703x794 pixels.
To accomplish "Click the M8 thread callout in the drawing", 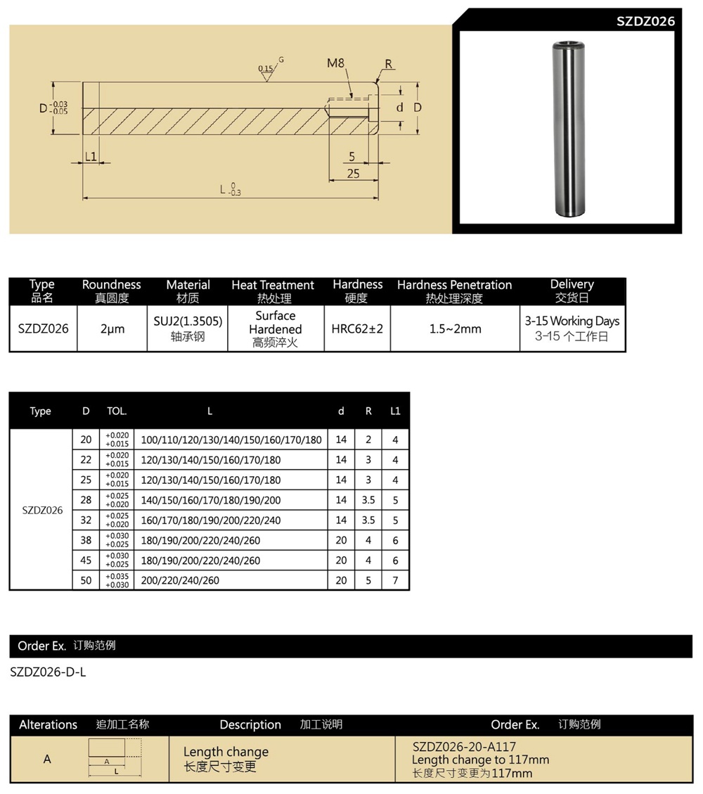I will pos(335,63).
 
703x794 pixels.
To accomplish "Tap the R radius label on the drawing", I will pos(388,64).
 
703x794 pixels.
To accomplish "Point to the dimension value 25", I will pos(353,173).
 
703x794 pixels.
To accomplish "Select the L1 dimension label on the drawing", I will pos(90,156).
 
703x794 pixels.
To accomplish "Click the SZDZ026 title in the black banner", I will pos(645,21).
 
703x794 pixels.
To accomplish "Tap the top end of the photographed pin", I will pos(568,47).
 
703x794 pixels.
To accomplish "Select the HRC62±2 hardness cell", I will pos(357,328).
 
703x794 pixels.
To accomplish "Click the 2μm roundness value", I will pos(111,328).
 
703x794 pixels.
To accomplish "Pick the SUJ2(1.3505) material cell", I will pos(188,321).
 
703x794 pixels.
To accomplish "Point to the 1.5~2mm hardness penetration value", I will pos(455,328).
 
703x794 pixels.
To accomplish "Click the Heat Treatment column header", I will pos(273,285).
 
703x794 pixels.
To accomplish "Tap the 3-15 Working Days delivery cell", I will pos(572,321).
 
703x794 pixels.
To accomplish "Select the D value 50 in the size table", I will pos(86,581).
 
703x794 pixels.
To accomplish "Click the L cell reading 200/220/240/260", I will pos(180,581).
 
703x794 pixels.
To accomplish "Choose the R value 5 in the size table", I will pos(368,581).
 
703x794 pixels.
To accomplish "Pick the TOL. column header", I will pos(116,411).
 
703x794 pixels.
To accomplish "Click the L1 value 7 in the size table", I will pos(395,581).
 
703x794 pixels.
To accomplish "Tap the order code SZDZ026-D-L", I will pos(49,672).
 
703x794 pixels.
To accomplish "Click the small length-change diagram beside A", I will pos(115,758).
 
